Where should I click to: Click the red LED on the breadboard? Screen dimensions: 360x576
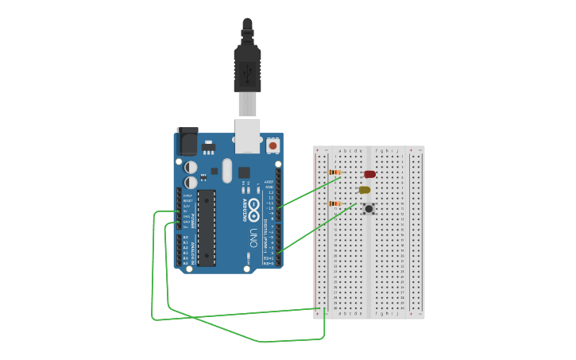tap(369, 174)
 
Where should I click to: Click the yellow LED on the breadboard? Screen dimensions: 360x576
tap(365, 190)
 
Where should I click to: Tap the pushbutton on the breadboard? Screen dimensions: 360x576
tap(369, 208)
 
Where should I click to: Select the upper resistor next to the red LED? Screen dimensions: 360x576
tap(334, 172)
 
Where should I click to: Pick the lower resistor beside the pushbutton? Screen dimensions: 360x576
tap(334, 203)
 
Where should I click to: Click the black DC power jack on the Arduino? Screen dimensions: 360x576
tap(187, 141)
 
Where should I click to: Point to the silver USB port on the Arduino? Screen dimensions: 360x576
tap(248, 134)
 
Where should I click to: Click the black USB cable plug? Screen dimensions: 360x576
tap(247, 68)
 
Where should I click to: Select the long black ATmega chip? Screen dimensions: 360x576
tap(207, 227)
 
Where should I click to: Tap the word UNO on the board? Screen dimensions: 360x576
tap(253, 238)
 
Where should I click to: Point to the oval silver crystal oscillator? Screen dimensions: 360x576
tap(227, 170)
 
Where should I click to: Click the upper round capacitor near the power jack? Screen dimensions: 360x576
tap(191, 167)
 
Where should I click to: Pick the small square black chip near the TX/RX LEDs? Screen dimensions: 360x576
tap(244, 172)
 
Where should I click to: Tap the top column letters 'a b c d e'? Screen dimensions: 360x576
tap(350, 150)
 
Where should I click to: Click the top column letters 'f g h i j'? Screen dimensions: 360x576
tap(388, 150)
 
